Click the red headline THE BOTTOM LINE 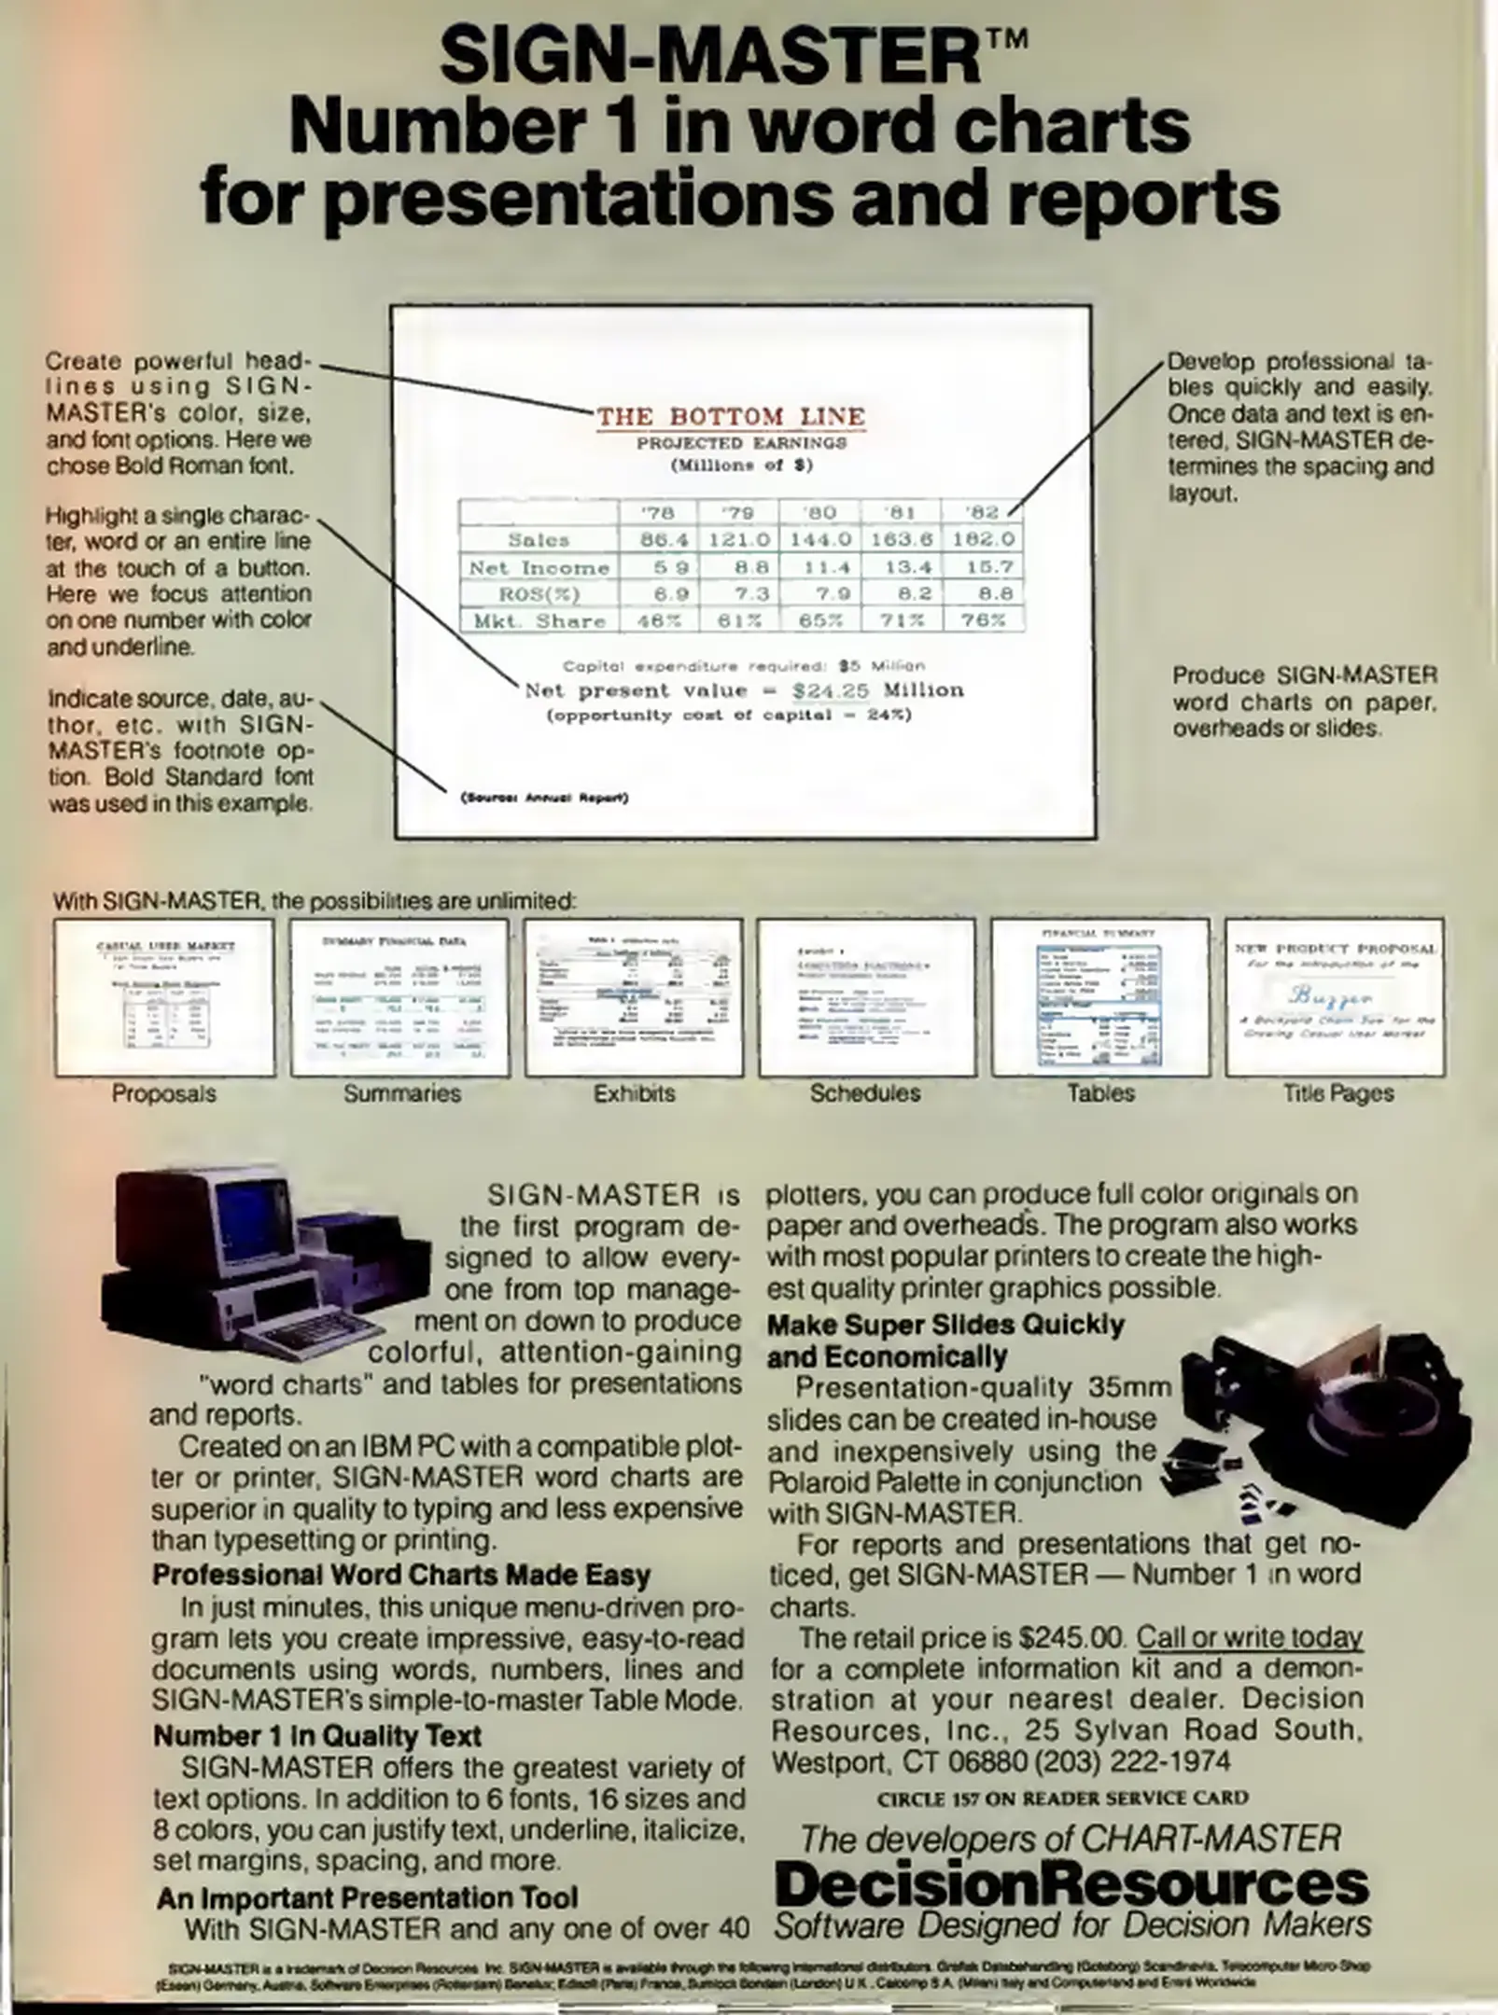731,416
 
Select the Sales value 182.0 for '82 983,539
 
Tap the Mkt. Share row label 539,621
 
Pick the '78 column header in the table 657,512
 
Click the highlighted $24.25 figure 830,691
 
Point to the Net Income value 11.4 820,567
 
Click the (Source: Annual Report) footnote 544,798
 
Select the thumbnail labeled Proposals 164,997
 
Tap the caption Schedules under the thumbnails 864,1093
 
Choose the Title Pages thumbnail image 1336,997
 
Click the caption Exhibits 634,1093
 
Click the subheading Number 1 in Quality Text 317,1736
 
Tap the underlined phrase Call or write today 1249,1638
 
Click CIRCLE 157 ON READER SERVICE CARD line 1062,1798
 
